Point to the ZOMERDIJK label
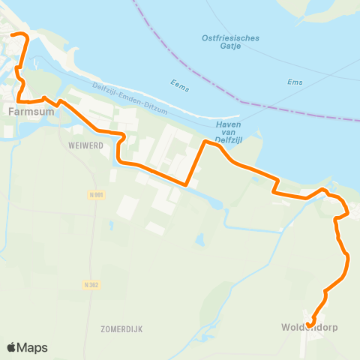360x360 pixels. click(x=115, y=328)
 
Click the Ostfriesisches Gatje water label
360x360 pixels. click(x=231, y=43)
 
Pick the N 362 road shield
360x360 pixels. click(x=91, y=284)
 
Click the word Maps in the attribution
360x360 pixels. click(x=33, y=347)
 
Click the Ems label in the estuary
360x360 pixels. click(x=294, y=82)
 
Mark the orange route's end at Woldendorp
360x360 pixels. click(x=310, y=323)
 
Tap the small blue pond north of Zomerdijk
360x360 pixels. click(x=199, y=240)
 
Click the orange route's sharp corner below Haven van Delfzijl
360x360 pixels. click(x=186, y=183)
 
